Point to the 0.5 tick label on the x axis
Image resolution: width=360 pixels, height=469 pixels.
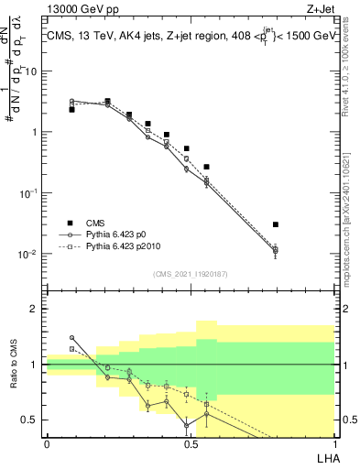[190, 443]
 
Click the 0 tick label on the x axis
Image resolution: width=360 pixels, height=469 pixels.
[47, 443]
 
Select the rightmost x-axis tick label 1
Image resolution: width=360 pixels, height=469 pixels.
[334, 443]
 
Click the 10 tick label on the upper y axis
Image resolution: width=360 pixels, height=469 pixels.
[33, 71]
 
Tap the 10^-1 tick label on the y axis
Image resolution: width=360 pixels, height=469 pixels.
[30, 192]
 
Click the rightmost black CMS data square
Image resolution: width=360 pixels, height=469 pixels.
[276, 224]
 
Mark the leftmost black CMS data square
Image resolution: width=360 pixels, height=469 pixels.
[71, 109]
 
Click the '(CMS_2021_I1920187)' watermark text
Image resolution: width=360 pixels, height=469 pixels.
[190, 273]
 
